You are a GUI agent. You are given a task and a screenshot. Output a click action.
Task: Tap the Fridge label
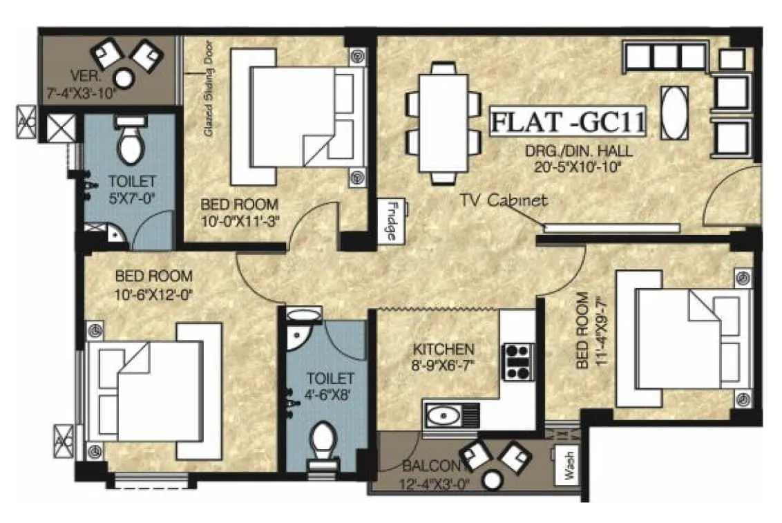coord(390,220)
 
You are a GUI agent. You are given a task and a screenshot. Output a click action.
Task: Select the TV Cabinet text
coord(504,200)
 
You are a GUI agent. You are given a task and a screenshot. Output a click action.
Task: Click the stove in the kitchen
coord(518,361)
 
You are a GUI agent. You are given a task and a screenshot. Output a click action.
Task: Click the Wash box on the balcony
coord(569,469)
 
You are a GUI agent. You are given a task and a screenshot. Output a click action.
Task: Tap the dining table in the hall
coord(443,123)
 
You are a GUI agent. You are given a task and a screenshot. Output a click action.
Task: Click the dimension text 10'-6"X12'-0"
coord(153,293)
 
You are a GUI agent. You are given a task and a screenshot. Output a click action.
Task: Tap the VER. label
coord(83,75)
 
